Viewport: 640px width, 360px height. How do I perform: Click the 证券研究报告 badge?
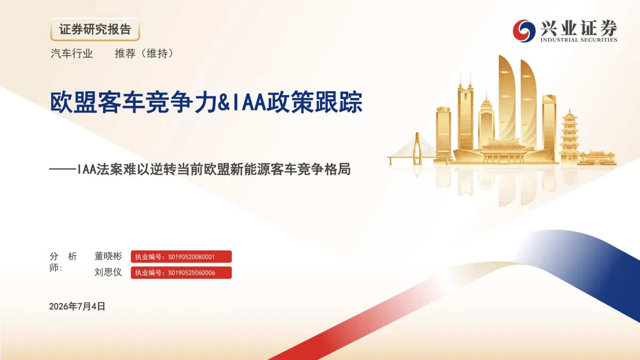(x=95, y=29)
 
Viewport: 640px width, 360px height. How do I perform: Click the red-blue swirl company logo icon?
(x=524, y=31)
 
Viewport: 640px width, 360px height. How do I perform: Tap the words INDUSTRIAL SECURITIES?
(x=579, y=39)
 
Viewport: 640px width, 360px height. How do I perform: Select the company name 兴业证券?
(x=579, y=28)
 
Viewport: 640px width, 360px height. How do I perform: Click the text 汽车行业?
(x=71, y=53)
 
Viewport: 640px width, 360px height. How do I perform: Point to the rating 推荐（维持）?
(x=145, y=53)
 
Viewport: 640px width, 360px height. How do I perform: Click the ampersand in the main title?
(x=223, y=102)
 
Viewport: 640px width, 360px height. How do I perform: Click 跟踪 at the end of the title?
(x=339, y=102)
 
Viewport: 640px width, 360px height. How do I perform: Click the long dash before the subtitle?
(x=62, y=169)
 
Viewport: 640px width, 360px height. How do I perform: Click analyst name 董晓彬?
(x=108, y=257)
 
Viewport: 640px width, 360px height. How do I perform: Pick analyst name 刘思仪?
(x=108, y=273)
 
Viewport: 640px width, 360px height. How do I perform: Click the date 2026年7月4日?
(x=77, y=306)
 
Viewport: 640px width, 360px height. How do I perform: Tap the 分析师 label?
(x=63, y=262)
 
